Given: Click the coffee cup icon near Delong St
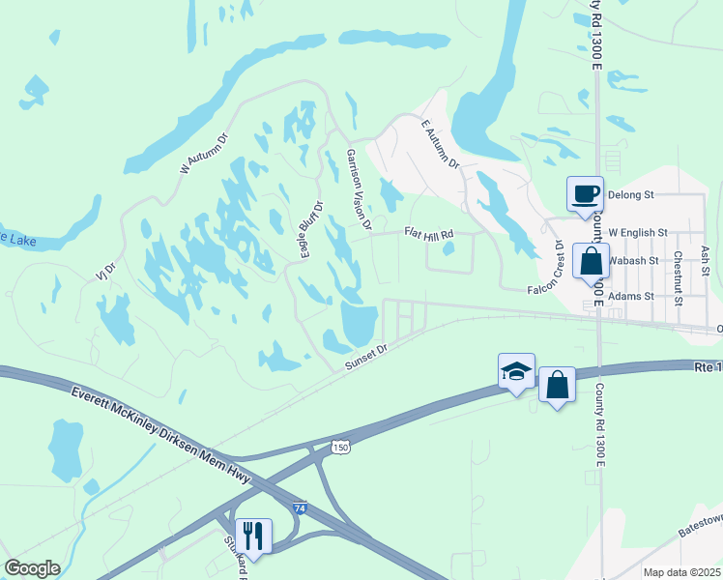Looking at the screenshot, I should pos(585,193).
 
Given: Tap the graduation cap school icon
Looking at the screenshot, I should pos(516,371).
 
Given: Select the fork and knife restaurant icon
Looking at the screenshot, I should pos(253,536).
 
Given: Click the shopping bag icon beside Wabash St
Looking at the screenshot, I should pos(591,262).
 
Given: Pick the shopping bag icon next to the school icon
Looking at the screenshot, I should pos(558,385).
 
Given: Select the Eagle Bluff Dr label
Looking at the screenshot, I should pos(310,229).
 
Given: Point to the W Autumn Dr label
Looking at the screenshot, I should pos(203,153).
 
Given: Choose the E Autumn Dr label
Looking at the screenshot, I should pos(441,145).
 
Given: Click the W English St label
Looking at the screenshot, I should pos(637,233).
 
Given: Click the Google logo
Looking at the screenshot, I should pos(32,568).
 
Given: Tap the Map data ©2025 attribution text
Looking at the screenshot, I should pos(680,572).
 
